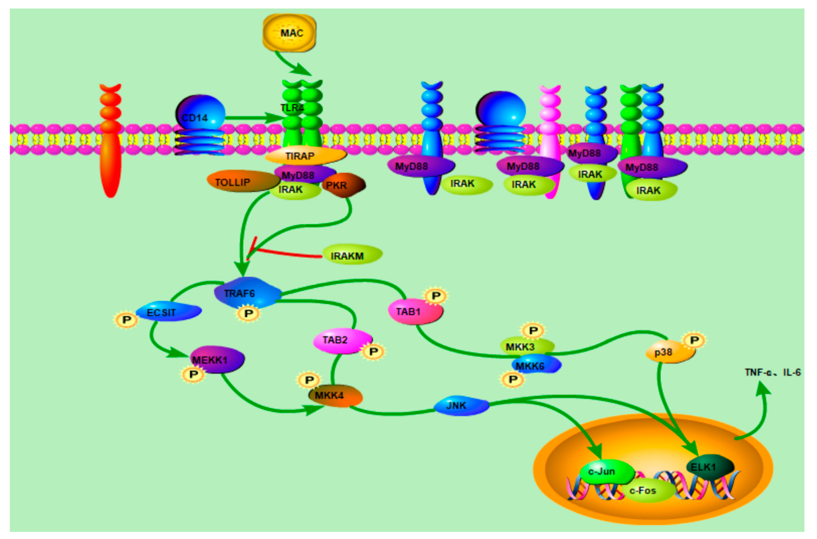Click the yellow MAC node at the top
click(x=289, y=33)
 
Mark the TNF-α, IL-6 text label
click(x=772, y=372)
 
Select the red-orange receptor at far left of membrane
click(x=111, y=144)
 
